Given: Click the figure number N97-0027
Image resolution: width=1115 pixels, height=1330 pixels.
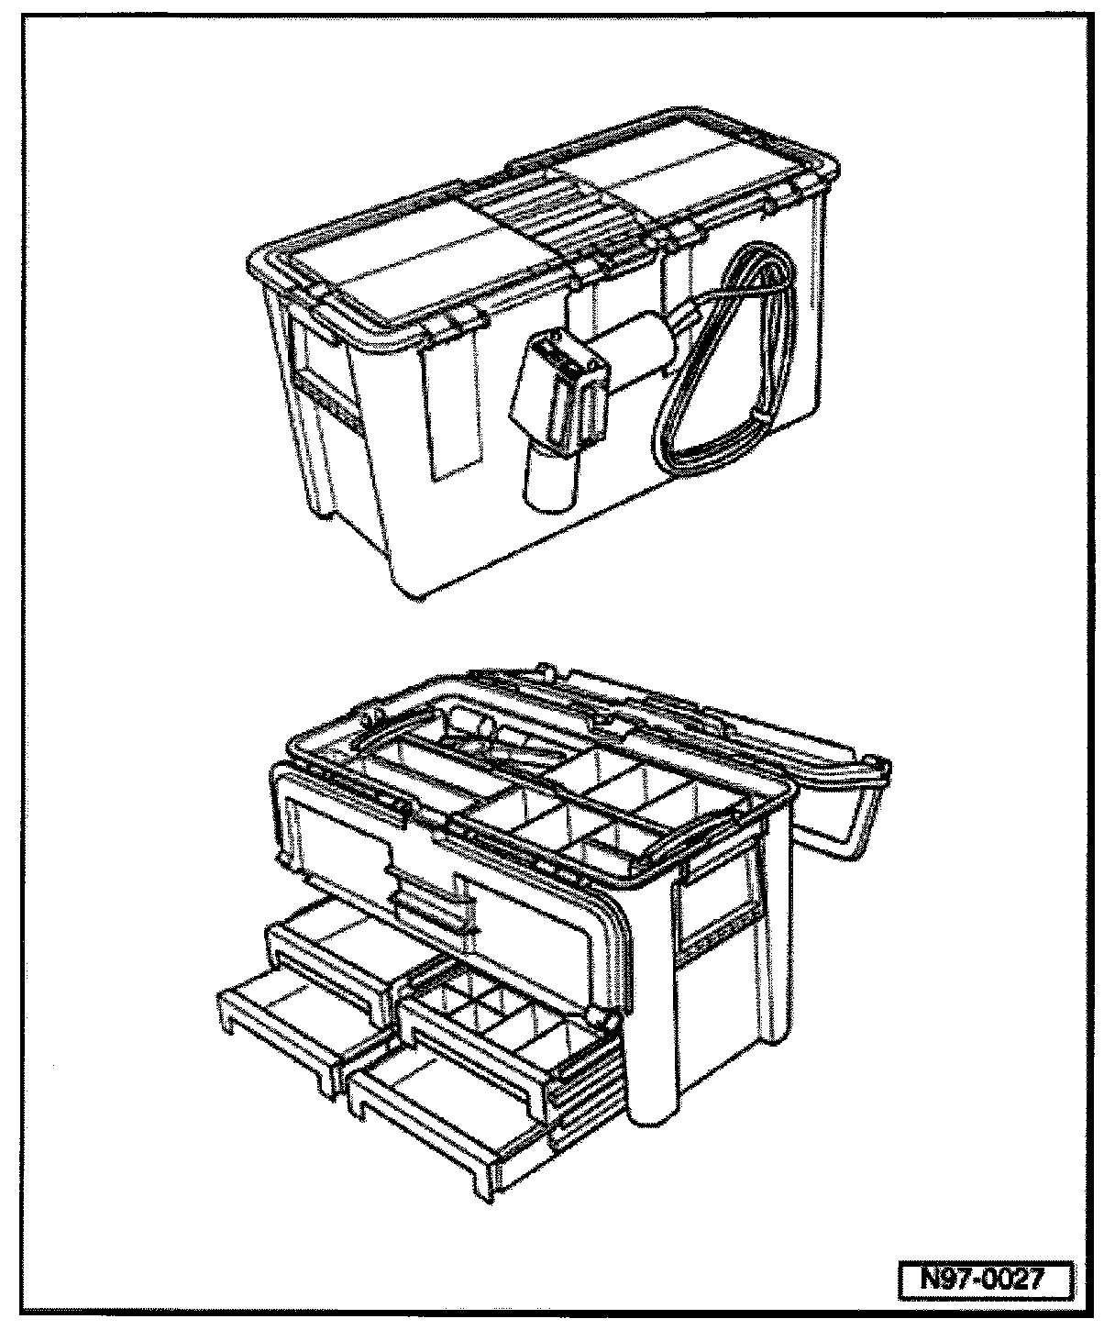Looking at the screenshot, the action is point(983,1280).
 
